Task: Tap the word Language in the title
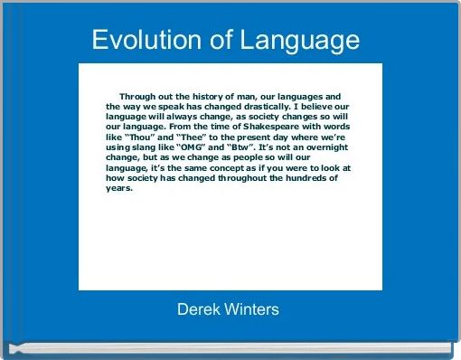pyautogui.click(x=297, y=42)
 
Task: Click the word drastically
pyautogui.click(x=259, y=106)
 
